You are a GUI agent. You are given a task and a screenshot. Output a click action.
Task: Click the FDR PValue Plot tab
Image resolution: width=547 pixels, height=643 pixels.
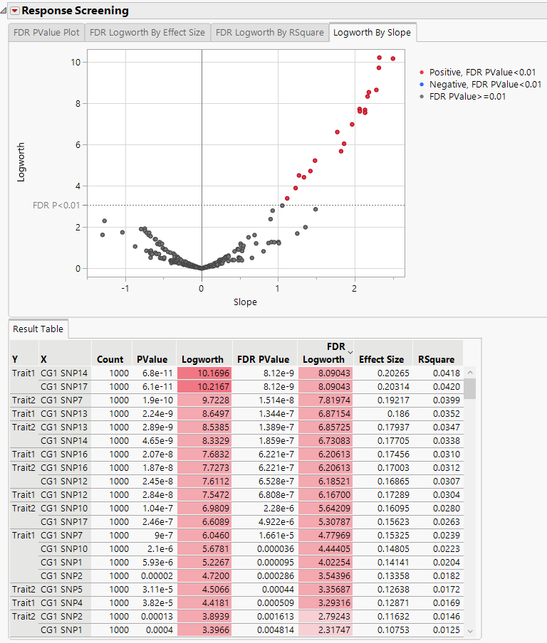[46, 33]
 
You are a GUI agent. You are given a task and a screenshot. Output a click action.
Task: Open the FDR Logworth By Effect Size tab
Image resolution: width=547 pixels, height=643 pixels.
[147, 33]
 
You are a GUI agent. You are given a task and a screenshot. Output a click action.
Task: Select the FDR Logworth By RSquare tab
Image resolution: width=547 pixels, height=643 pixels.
[270, 33]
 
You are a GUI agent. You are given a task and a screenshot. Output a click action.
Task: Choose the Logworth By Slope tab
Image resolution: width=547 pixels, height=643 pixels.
[372, 33]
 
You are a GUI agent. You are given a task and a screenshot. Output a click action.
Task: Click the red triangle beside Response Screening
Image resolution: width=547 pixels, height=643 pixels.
[14, 11]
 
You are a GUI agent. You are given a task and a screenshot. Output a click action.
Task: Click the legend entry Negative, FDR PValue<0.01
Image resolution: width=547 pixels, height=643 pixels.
[485, 85]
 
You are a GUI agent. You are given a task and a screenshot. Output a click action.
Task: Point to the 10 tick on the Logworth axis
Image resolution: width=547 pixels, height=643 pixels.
[74, 63]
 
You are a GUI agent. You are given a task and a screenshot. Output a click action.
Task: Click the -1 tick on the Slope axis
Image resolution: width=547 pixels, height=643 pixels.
[125, 289]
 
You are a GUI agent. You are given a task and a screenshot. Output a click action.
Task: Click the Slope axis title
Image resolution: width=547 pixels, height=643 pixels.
[245, 302]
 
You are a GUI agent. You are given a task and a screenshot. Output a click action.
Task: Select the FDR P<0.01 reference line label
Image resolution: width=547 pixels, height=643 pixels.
[56, 206]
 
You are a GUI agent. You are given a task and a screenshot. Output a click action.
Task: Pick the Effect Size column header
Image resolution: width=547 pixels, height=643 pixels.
[381, 359]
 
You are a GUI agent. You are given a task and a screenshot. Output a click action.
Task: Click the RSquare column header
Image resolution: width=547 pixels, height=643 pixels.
[437, 359]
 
